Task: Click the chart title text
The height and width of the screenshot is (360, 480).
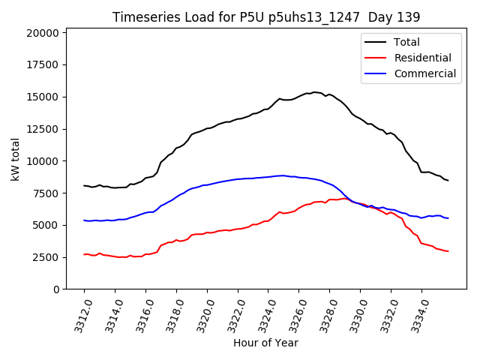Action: [266, 17]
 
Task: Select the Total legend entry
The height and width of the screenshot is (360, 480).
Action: [406, 42]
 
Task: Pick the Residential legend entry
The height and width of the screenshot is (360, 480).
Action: [422, 58]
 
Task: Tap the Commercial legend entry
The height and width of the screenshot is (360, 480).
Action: [424, 73]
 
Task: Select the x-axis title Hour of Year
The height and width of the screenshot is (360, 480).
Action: [265, 343]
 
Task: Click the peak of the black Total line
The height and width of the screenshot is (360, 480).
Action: [314, 92]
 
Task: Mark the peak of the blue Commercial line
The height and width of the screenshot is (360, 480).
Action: [280, 175]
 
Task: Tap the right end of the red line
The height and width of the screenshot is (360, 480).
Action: [448, 251]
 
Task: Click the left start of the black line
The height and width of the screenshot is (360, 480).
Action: [84, 185]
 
